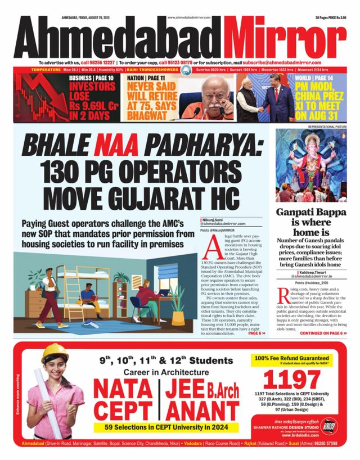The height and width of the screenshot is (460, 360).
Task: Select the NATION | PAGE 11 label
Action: point(145,78)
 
